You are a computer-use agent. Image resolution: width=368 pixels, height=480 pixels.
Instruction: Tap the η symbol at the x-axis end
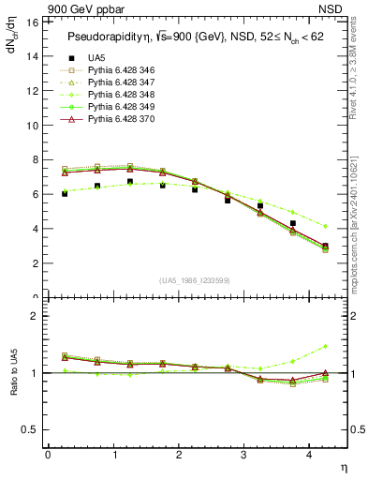click(342, 466)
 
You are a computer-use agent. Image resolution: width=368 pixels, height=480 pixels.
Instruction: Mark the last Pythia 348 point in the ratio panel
click(325, 347)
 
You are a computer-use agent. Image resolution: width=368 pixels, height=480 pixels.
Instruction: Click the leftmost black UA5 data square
click(64, 193)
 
